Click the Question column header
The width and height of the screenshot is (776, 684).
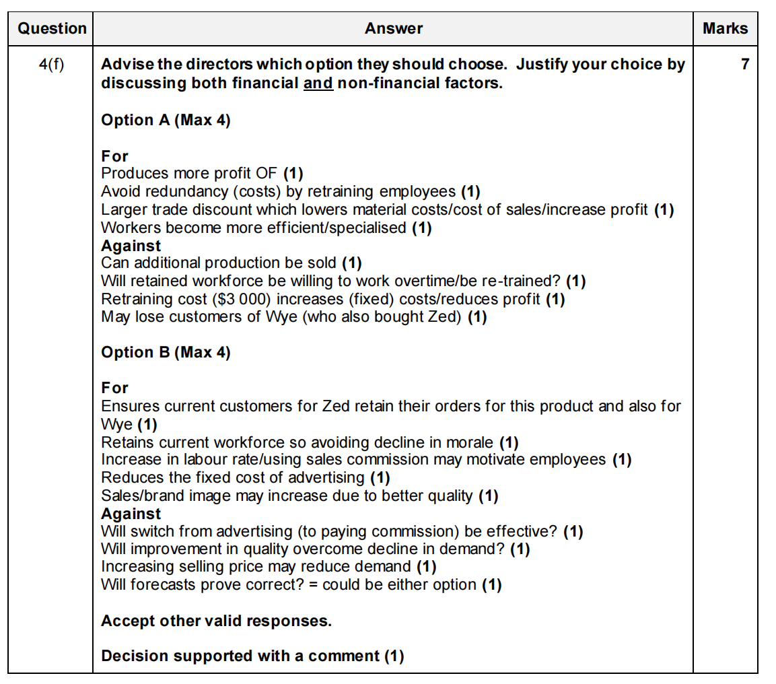pos(52,28)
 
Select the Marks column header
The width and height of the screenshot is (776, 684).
pos(725,28)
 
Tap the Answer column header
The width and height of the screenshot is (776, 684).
pos(394,28)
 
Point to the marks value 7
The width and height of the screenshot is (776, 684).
pos(744,65)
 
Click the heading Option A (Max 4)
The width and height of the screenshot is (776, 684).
pos(166,121)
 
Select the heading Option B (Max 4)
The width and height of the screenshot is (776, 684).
pos(166,353)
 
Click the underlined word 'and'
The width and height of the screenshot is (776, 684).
pos(318,84)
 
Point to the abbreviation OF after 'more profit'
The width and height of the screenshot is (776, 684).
pos(267,174)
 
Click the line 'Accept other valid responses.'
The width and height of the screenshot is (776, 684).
pos(216,621)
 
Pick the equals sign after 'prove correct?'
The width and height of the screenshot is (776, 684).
pos(313,585)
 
